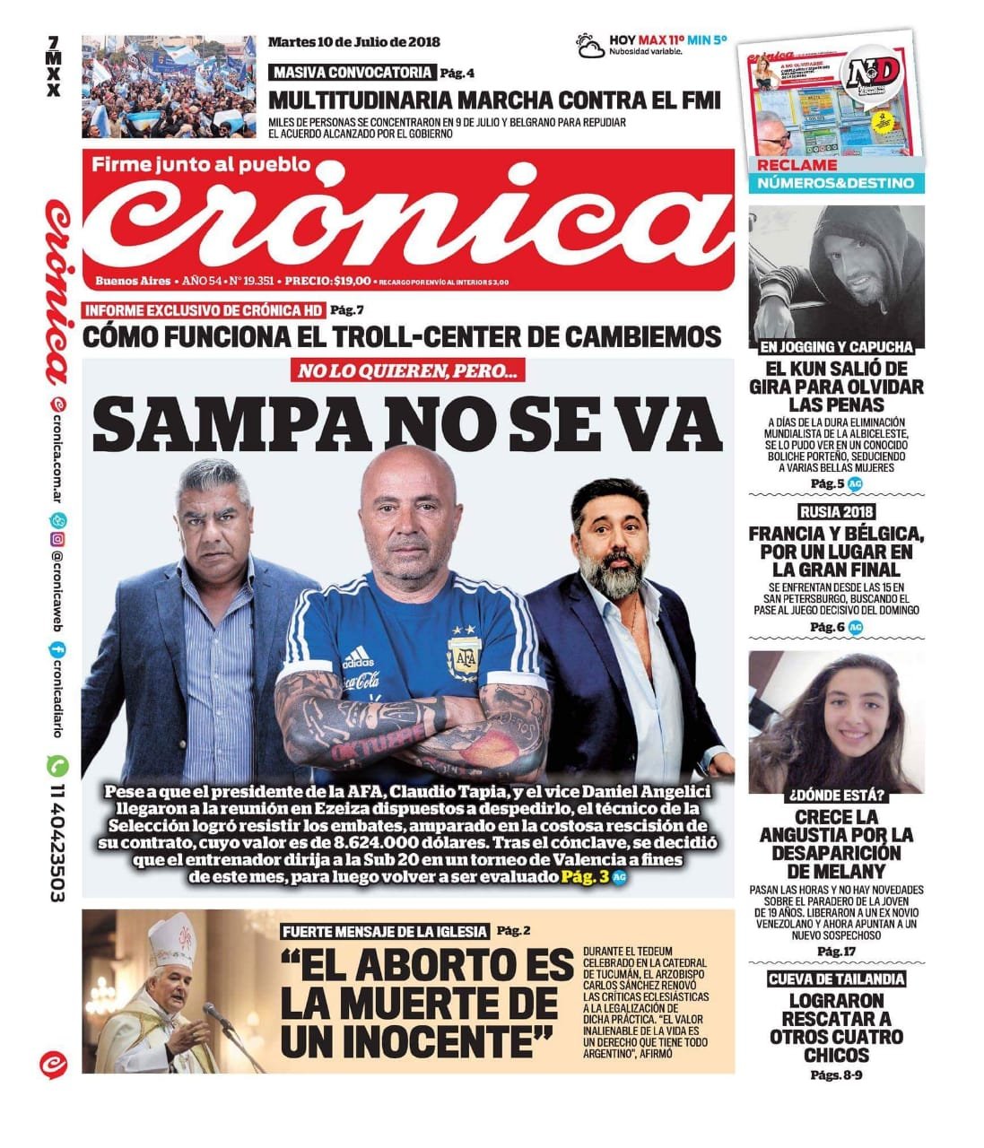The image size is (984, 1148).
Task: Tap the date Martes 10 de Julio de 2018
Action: [354, 41]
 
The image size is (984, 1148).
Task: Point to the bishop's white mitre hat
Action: [172, 941]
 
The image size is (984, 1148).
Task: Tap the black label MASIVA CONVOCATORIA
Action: [353, 73]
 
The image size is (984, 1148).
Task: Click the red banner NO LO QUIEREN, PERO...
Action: [408, 371]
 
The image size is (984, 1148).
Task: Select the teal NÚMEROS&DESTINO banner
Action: [835, 183]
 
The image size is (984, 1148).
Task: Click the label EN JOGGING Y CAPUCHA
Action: [836, 346]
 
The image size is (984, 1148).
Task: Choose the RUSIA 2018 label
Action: [836, 513]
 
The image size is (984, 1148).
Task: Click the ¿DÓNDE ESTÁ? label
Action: [836, 795]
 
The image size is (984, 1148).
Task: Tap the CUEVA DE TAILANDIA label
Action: [836, 979]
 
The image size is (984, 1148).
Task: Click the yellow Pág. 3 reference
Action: [585, 876]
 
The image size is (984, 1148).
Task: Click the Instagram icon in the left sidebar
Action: [57, 539]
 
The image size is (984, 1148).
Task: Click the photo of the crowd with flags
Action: [169, 86]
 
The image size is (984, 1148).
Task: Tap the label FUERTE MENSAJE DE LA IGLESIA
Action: [385, 931]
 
